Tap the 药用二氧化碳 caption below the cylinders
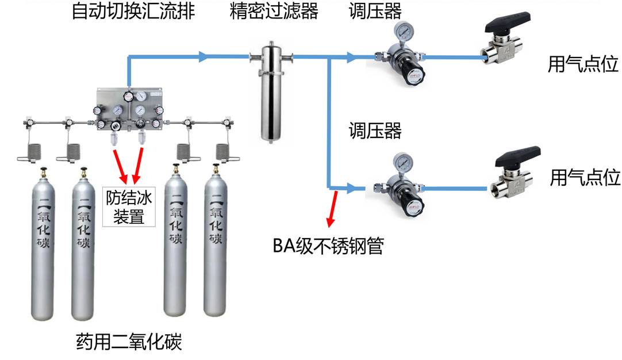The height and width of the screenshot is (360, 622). (x=129, y=343)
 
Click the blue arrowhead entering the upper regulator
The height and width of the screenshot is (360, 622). (x=352, y=57)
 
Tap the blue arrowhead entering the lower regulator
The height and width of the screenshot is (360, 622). (x=351, y=187)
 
